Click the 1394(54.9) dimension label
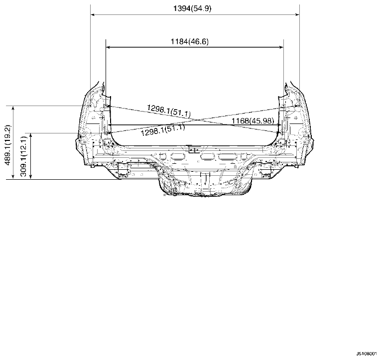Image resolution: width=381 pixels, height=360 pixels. pyautogui.click(x=192, y=8)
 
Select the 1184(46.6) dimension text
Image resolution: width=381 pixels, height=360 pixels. pyautogui.click(x=190, y=41)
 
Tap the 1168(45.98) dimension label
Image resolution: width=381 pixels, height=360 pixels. pyautogui.click(x=253, y=120)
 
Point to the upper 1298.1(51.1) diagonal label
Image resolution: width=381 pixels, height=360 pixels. pyautogui.click(x=169, y=111)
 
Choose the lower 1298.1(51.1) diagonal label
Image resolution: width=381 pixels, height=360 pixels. pyautogui.click(x=163, y=130)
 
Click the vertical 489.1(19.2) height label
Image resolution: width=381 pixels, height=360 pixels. pyautogui.click(x=8, y=145)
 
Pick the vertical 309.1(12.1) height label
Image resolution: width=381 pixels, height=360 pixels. pyautogui.click(x=23, y=156)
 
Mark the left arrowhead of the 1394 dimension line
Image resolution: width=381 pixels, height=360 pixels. pyautogui.click(x=92, y=14)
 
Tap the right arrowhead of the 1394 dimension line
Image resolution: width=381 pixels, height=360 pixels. pyautogui.click(x=297, y=14)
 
